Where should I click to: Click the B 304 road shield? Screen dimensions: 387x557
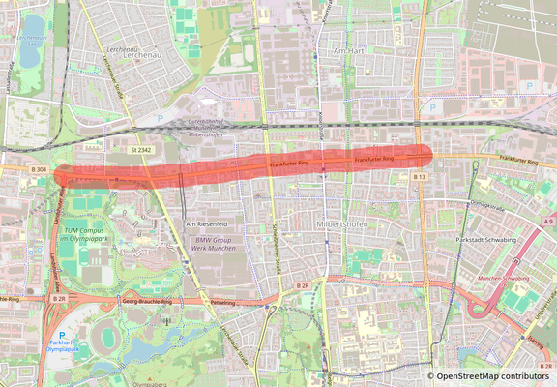coord(39,170)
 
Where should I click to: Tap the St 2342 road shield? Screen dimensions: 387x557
coord(142,151)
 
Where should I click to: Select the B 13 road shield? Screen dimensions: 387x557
coord(420,177)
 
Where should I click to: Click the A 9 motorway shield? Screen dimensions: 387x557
coord(548,223)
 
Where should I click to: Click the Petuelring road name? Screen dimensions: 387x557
coord(223,302)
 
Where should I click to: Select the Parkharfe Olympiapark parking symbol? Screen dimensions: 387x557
coord(62,335)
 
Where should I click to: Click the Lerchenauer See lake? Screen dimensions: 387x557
coord(32,39)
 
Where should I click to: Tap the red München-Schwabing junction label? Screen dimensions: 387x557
coord(503,278)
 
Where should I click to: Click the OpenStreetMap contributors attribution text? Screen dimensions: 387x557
coord(490,376)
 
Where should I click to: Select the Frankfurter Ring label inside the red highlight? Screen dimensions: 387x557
coord(374,159)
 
